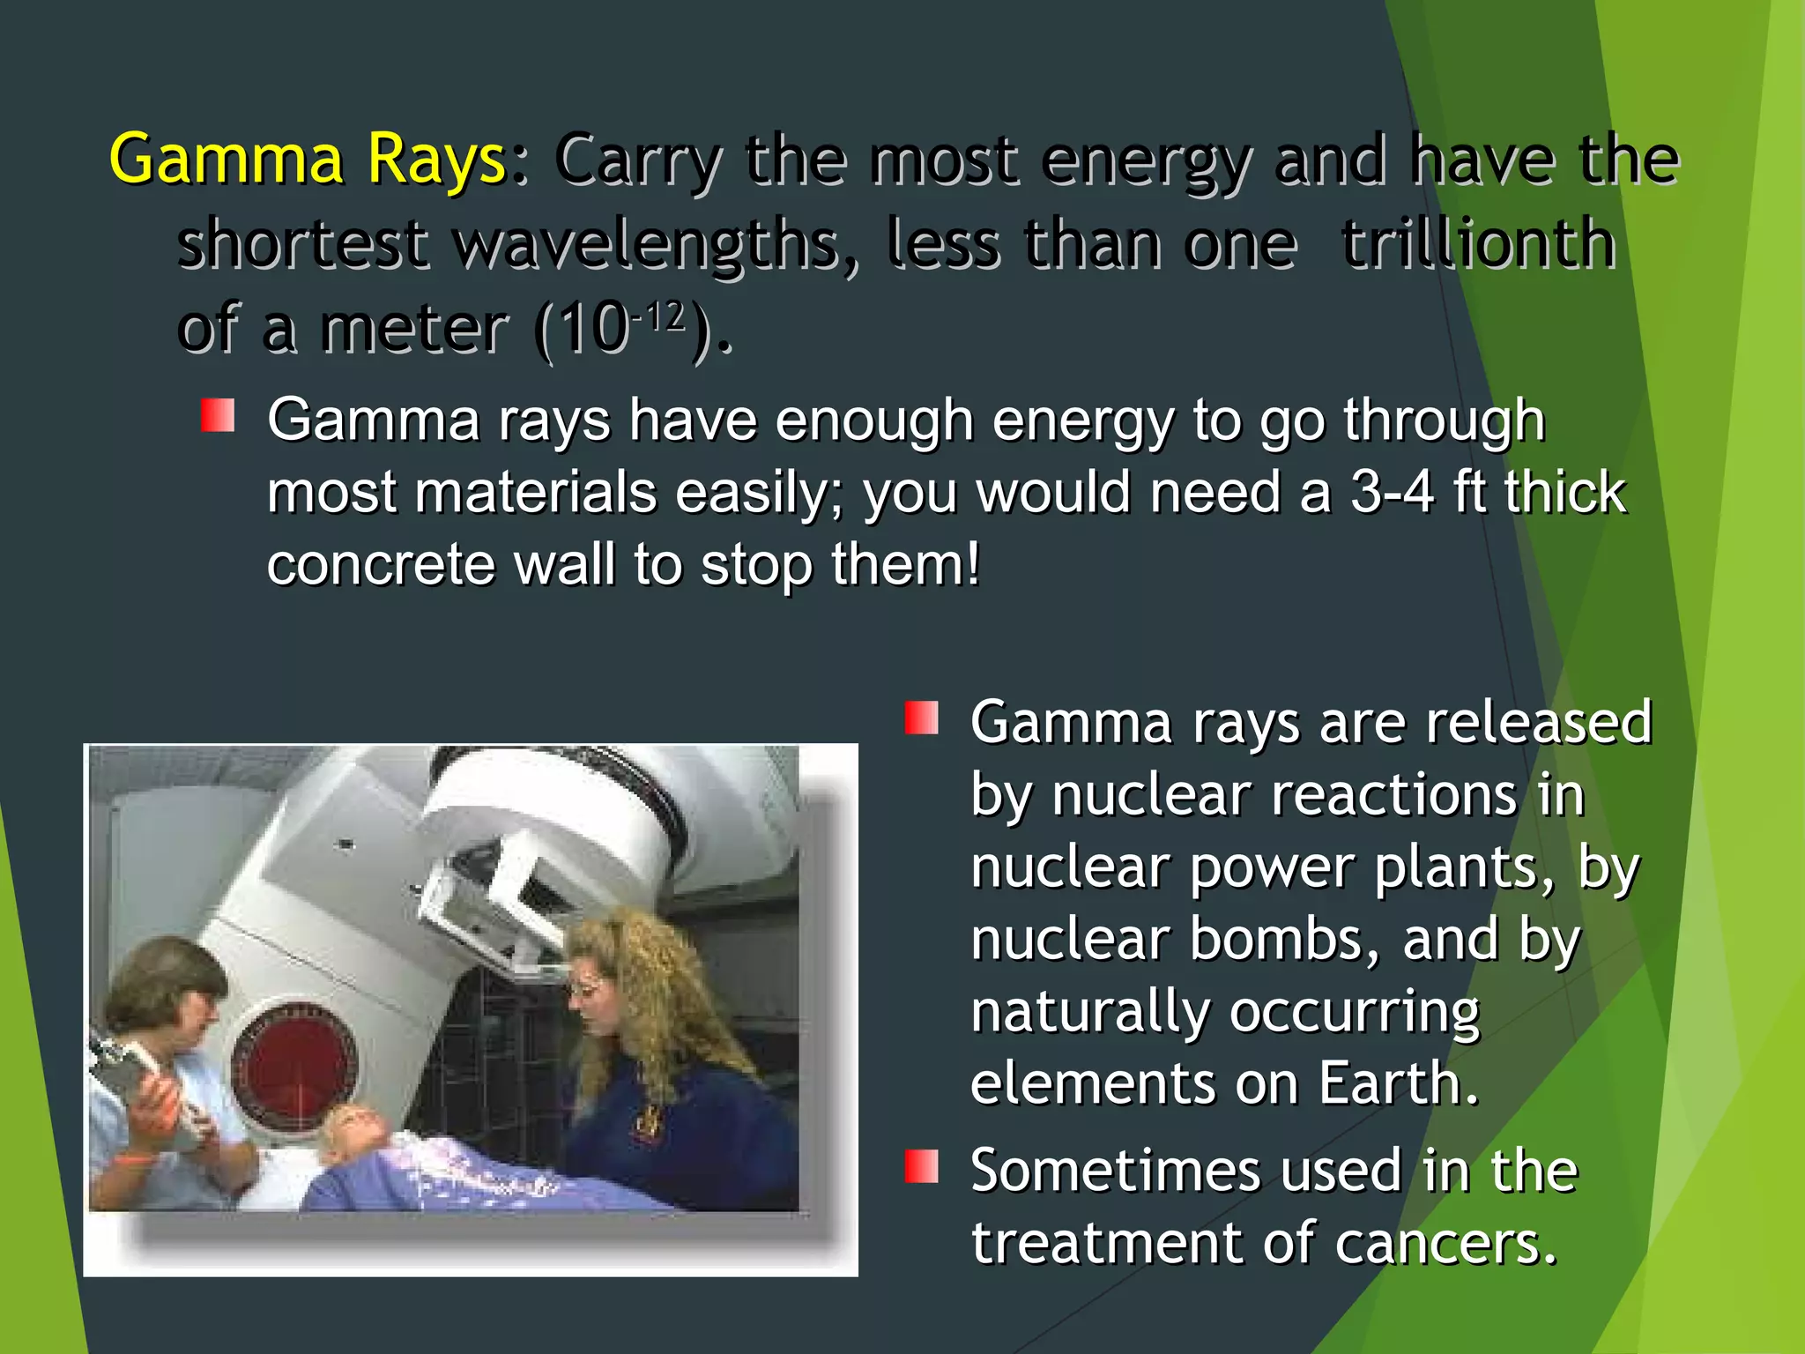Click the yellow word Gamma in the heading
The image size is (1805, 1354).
[226, 160]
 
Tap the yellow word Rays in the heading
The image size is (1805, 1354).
[435, 160]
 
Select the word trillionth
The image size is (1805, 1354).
[1478, 242]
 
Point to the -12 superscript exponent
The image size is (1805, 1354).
[659, 316]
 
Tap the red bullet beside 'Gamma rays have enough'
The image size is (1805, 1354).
[218, 416]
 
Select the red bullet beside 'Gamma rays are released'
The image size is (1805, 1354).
[921, 718]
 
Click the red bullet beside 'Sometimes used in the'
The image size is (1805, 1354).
[921, 1166]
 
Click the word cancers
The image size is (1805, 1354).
[1445, 1243]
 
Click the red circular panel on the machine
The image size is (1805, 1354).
[295, 1067]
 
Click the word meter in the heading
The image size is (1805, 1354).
[414, 328]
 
